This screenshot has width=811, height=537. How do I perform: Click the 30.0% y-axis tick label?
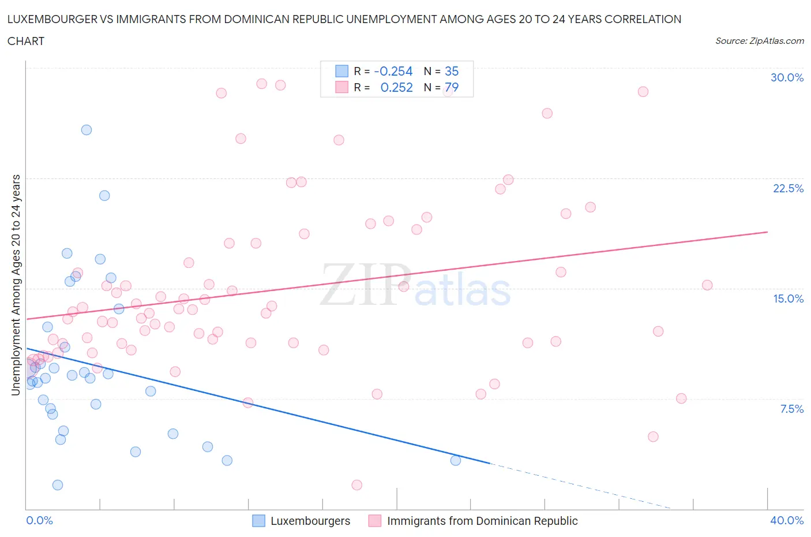[787, 77]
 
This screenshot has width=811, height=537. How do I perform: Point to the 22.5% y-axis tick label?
[788, 188]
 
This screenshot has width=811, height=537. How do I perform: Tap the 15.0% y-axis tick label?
[788, 299]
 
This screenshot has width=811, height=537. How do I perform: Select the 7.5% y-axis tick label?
[791, 409]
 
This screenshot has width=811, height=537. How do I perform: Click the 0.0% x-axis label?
[39, 520]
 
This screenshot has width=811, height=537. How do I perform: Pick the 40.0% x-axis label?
[787, 520]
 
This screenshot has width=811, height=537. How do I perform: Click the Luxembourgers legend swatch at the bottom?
[259, 521]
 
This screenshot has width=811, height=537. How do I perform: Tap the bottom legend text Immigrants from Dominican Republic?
[482, 521]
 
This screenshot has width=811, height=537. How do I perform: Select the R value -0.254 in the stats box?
[393, 71]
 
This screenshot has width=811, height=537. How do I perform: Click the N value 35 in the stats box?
[452, 71]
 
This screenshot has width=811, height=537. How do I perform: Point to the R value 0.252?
[396, 87]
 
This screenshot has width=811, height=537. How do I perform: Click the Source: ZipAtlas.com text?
[759, 40]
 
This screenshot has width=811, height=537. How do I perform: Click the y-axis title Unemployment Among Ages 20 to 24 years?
[16, 285]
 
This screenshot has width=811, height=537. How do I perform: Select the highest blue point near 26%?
[87, 130]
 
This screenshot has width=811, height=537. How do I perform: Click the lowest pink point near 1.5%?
[356, 485]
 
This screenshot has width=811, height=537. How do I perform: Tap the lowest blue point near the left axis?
[58, 485]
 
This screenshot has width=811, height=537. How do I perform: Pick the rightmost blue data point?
[456, 460]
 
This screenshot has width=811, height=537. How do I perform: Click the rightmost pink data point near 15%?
[707, 285]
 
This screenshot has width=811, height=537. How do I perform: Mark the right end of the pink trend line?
[767, 232]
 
